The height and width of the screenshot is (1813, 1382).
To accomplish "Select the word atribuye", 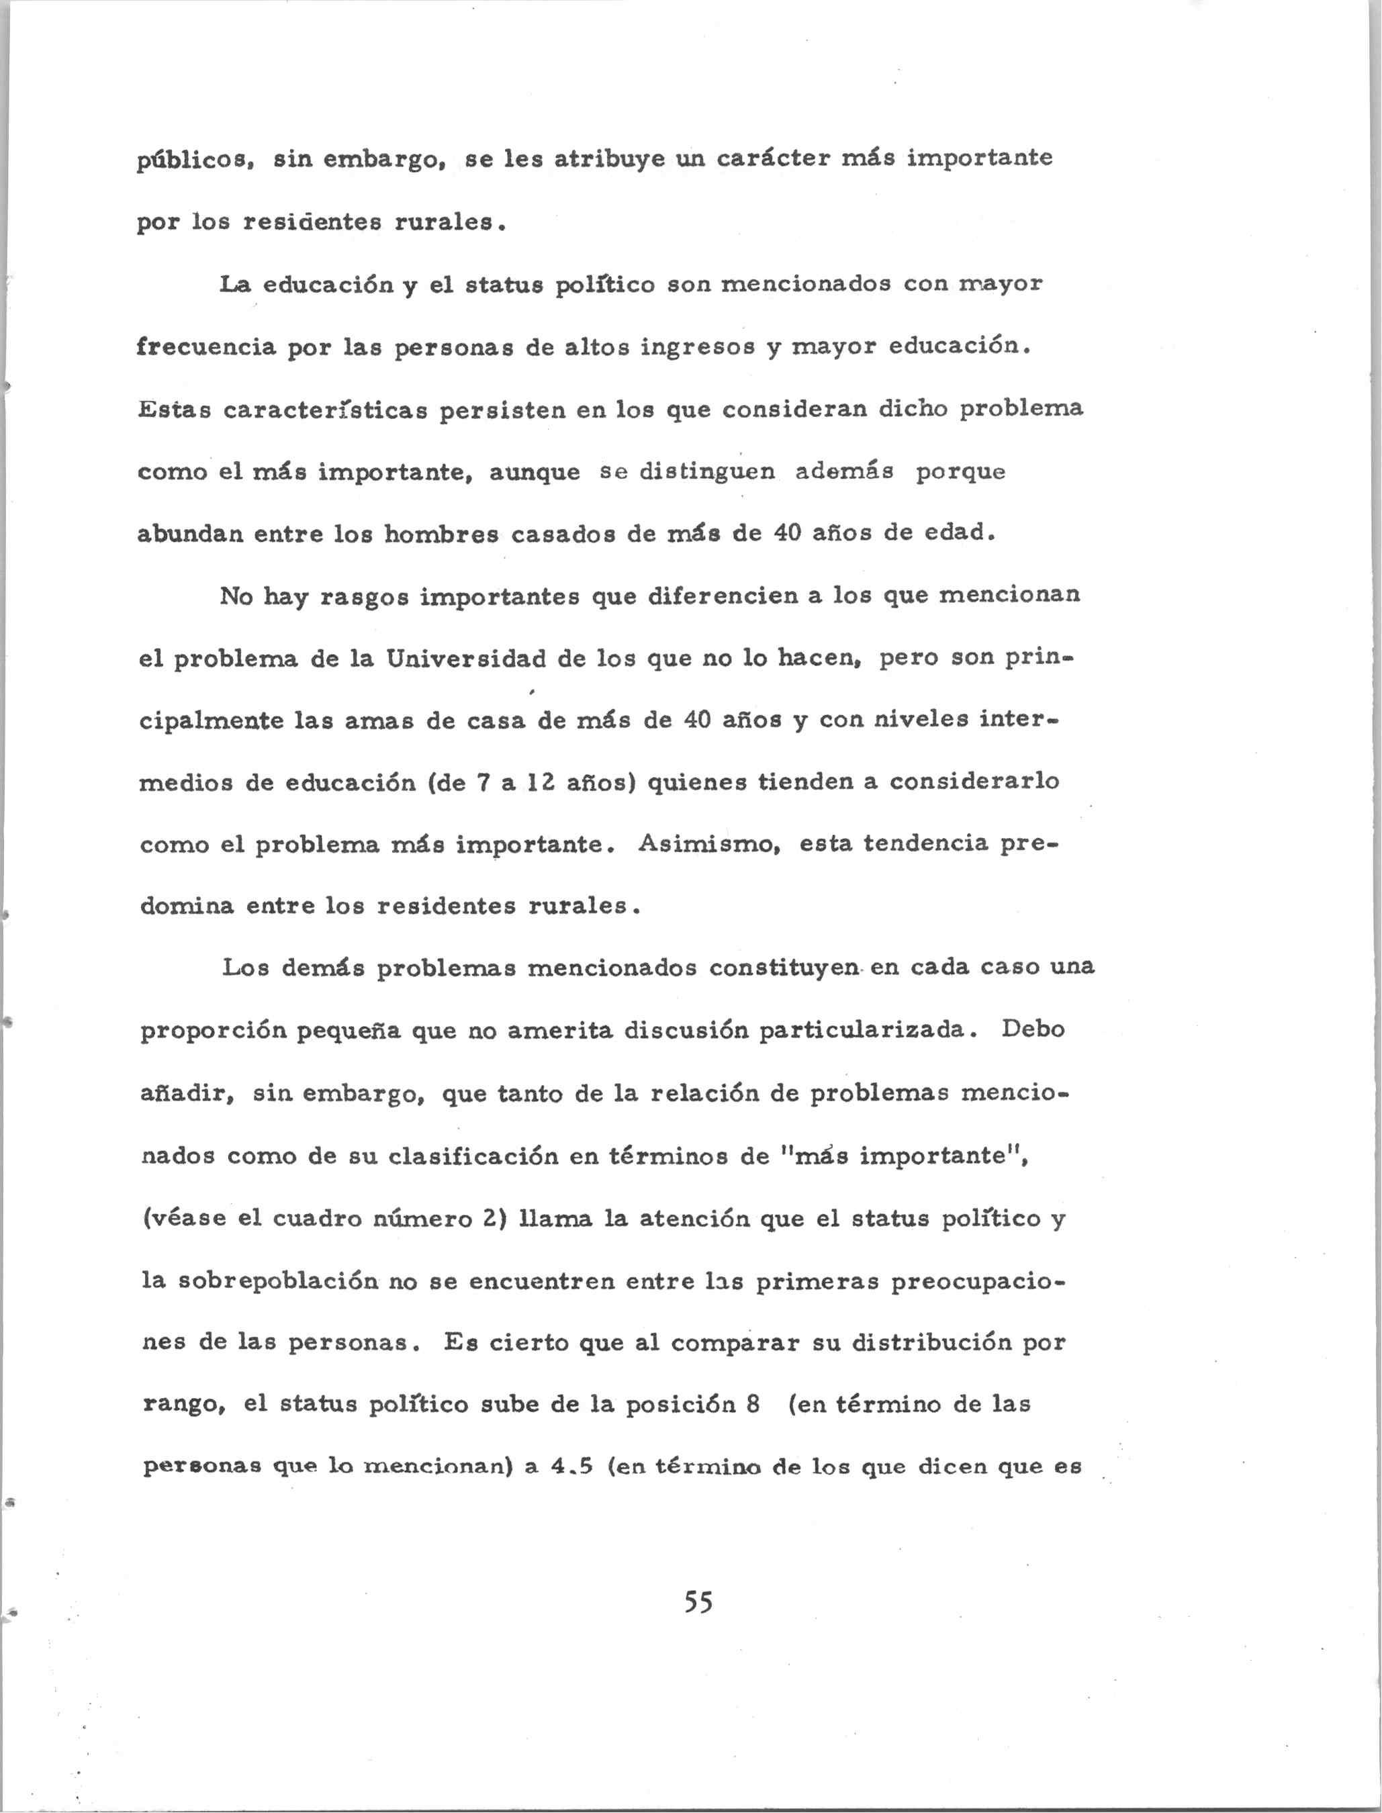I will [x=610, y=157].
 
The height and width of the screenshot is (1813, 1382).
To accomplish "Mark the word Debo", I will [x=1033, y=1030].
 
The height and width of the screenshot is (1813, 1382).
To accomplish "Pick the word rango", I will [x=183, y=1405].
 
